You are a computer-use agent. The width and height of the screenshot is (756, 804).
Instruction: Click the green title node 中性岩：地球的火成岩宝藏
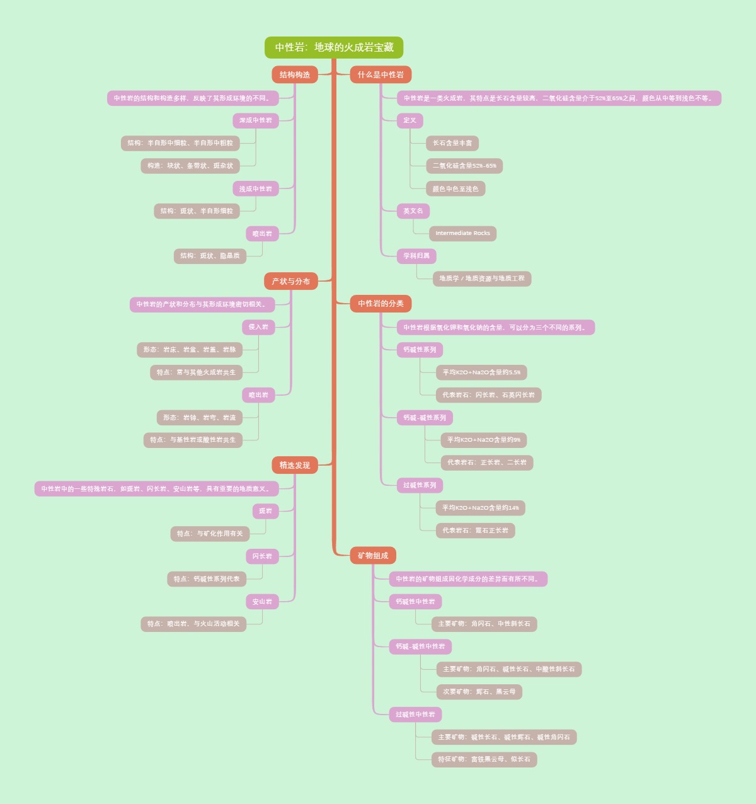(x=334, y=47)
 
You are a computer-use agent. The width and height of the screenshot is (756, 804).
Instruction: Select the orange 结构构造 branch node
(x=295, y=74)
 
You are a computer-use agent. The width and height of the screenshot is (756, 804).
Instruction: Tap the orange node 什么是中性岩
(x=381, y=74)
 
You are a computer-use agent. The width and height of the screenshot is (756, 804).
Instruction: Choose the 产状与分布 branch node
(x=290, y=281)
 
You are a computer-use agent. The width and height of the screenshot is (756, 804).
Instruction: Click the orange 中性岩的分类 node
(x=381, y=304)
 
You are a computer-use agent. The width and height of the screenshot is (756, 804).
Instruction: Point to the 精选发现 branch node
(x=295, y=465)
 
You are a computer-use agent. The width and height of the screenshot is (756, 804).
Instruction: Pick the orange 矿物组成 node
(x=373, y=555)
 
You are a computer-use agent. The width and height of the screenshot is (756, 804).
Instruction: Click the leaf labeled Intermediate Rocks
(x=462, y=233)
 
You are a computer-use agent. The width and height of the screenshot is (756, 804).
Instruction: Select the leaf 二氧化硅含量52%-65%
(x=464, y=166)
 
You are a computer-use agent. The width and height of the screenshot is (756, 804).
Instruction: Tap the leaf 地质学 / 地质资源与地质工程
(x=482, y=279)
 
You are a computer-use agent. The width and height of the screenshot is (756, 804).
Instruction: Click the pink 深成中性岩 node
(x=256, y=120)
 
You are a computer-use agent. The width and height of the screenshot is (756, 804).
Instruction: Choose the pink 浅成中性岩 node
(x=256, y=188)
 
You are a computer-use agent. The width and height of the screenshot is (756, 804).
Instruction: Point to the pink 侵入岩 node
(x=258, y=327)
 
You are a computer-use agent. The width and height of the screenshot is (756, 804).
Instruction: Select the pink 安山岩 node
(x=262, y=602)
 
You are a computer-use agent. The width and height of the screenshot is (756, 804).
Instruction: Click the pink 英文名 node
(x=413, y=211)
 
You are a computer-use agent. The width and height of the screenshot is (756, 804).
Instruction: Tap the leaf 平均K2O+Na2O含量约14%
(x=481, y=508)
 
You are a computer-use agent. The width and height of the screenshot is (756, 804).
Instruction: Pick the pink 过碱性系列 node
(x=420, y=485)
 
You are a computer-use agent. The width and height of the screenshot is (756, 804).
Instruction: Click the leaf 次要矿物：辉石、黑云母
(x=479, y=692)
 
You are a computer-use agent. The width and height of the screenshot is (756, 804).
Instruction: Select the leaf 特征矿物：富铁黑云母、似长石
(x=484, y=759)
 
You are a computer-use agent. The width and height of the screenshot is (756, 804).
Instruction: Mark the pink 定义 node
(x=409, y=120)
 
